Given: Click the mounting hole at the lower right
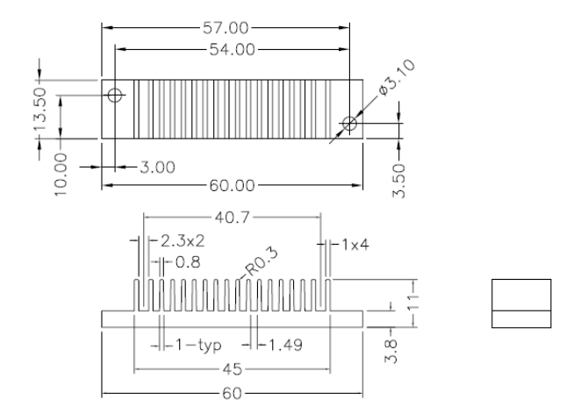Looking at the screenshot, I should coord(350,125).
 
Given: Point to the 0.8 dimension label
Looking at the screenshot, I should coord(183,261).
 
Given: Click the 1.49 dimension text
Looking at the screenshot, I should coord(283,345).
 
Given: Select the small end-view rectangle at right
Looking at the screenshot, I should coord(521,303).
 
